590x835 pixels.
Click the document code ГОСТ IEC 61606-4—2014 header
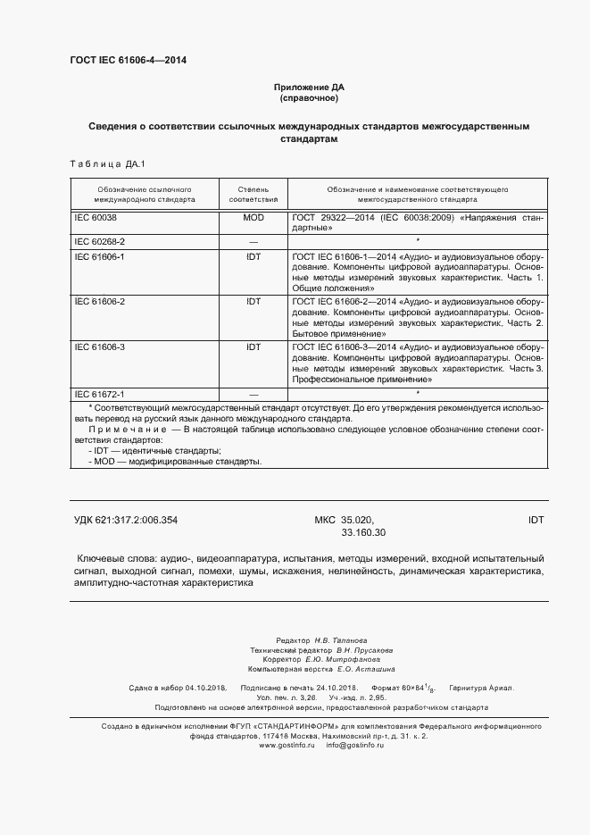click(x=128, y=60)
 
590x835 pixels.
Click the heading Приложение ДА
click(x=308, y=88)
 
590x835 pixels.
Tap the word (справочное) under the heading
click(x=308, y=99)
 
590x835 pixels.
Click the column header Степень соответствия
click(x=253, y=196)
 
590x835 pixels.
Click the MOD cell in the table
click(x=253, y=218)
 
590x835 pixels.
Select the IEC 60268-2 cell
click(x=101, y=242)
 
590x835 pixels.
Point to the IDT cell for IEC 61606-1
click(x=253, y=256)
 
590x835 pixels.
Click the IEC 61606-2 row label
click(x=101, y=302)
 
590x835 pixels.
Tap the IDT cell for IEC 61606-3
click(x=253, y=347)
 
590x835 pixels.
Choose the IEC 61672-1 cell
click(x=101, y=394)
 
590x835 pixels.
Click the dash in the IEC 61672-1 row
click(x=253, y=394)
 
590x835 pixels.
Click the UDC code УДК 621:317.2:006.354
click(x=132, y=520)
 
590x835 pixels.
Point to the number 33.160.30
click(x=363, y=533)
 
